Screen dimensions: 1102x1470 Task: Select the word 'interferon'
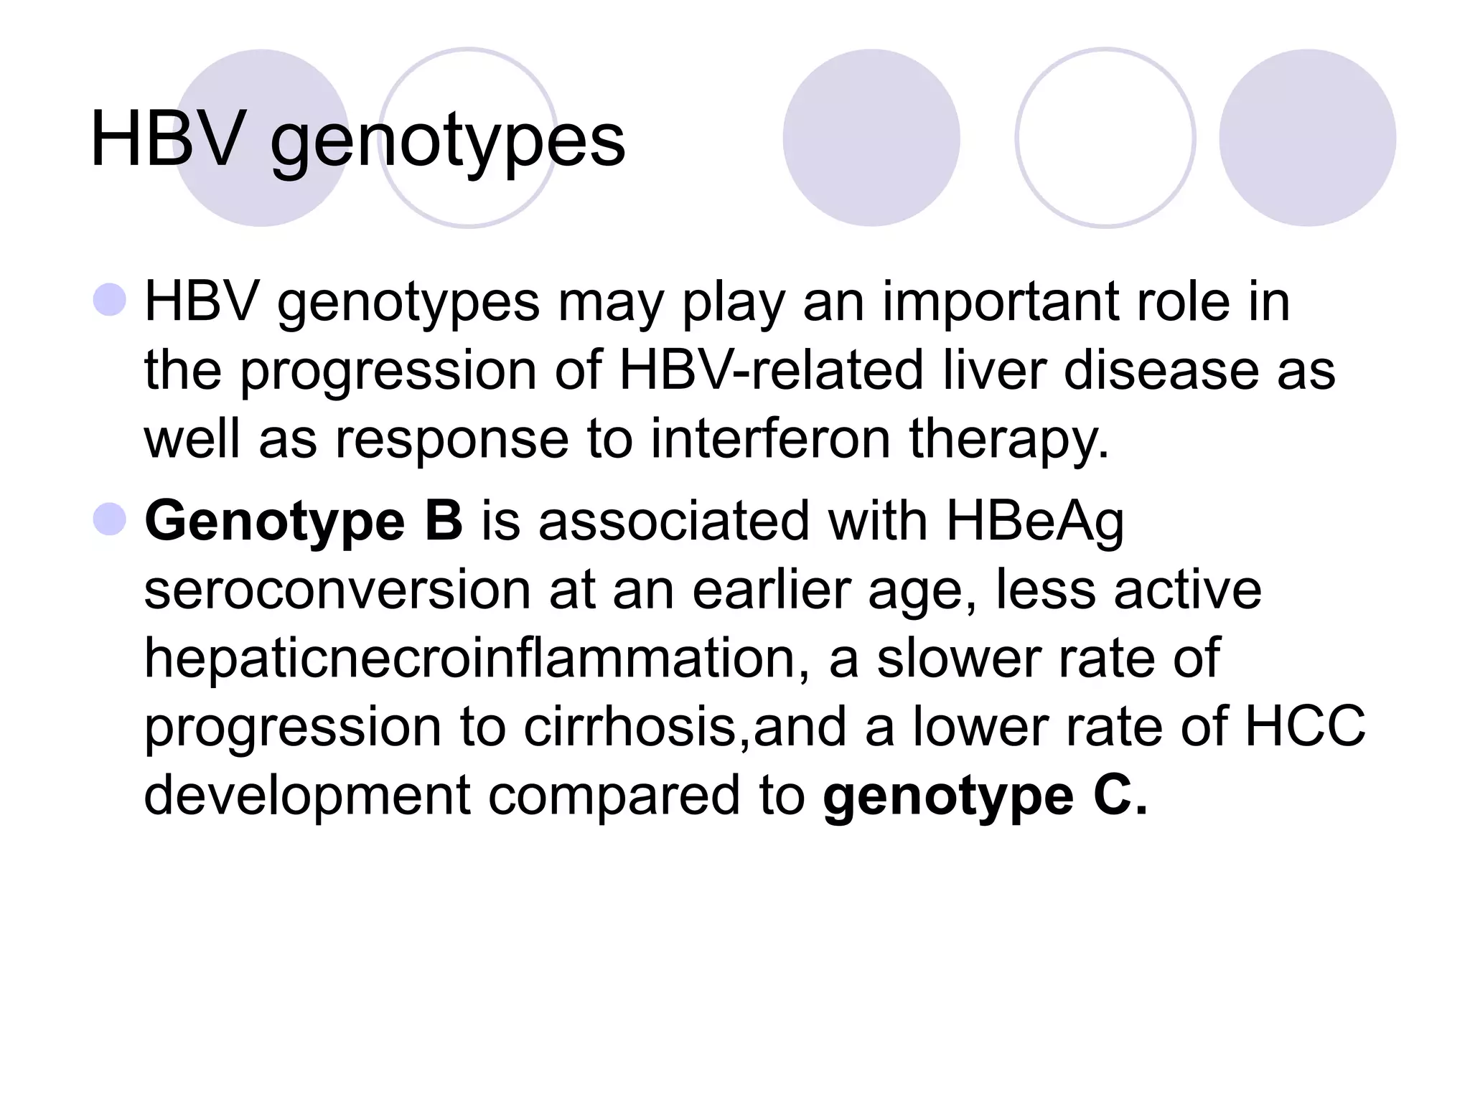(x=770, y=439)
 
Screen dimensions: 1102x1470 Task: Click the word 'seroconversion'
(x=335, y=590)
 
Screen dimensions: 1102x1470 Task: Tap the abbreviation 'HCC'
(x=1305, y=727)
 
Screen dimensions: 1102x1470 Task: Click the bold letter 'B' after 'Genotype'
(x=444, y=522)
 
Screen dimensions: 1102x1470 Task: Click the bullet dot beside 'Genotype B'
(x=110, y=519)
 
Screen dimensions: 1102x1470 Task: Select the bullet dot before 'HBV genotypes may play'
(x=110, y=300)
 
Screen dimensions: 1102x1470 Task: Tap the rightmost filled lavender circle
(x=1307, y=138)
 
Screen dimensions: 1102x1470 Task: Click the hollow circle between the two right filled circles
(x=1105, y=138)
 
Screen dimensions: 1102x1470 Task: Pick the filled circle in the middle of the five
(x=871, y=138)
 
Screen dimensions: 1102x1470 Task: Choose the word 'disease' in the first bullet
(x=1161, y=371)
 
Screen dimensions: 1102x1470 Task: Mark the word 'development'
(x=307, y=796)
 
